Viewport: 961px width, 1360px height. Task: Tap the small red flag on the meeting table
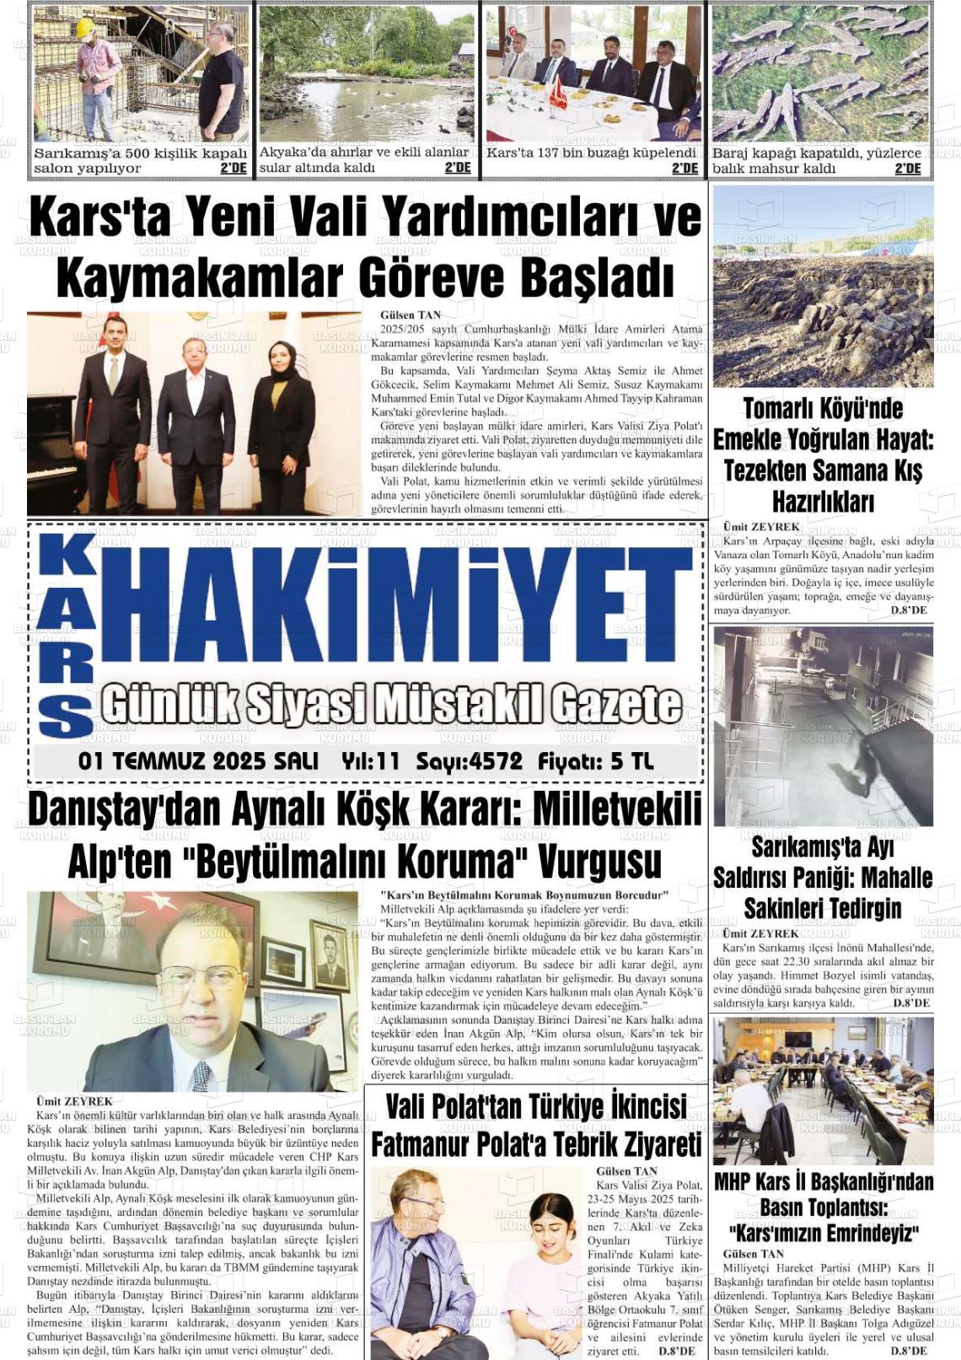tap(557, 93)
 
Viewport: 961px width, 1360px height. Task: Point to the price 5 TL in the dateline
tap(631, 761)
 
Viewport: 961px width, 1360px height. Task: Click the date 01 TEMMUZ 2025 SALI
tap(198, 761)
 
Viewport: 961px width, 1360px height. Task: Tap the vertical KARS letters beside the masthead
tap(66, 635)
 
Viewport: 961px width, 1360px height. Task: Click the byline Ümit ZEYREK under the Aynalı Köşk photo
tap(74, 1101)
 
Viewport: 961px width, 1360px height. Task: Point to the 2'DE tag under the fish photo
tap(908, 169)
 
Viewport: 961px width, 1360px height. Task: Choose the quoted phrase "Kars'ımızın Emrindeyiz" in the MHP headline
tap(824, 1234)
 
